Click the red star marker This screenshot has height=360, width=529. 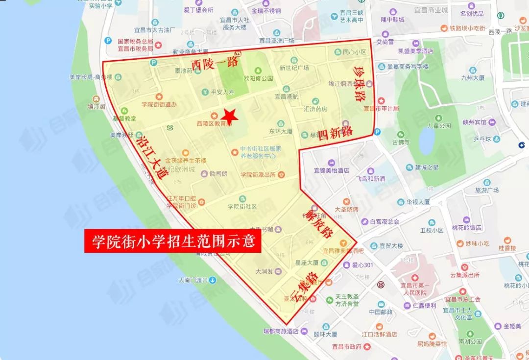[229, 115]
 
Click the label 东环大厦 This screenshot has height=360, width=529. [281, 131]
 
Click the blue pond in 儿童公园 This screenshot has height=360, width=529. [427, 141]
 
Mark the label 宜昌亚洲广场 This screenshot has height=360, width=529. [277, 41]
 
